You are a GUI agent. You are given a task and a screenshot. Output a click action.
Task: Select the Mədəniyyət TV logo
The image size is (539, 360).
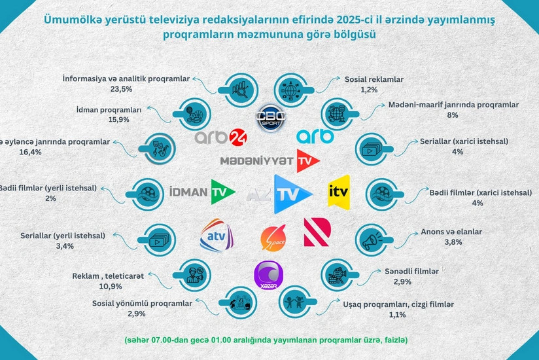pyautogui.click(x=269, y=160)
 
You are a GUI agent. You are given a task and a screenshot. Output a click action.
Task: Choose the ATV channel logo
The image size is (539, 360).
pyautogui.click(x=217, y=235)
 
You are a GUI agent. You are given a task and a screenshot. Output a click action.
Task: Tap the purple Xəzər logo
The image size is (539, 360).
pyautogui.click(x=268, y=275)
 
